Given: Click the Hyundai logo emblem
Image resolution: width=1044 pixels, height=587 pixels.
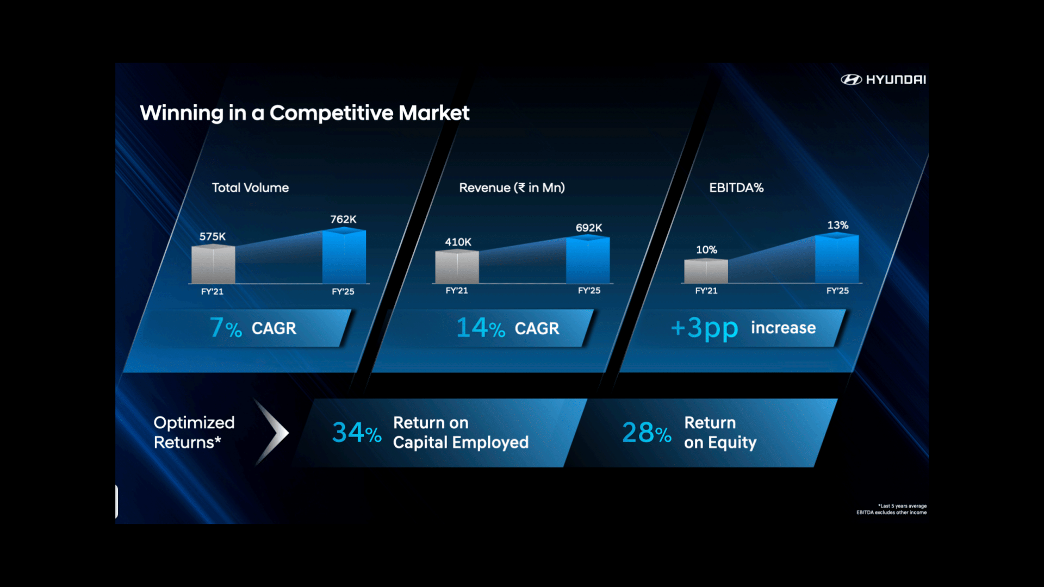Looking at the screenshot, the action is click(x=851, y=80).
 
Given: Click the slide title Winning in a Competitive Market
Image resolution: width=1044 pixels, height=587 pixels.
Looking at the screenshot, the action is click(x=304, y=113).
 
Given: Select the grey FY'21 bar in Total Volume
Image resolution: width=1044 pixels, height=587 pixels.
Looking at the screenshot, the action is click(x=213, y=264).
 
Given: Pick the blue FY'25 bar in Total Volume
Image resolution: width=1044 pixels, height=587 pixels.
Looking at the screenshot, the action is click(x=344, y=255).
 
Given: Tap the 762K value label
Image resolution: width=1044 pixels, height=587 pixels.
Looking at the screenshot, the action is click(x=343, y=219).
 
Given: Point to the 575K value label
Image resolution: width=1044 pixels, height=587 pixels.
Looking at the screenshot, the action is click(x=212, y=236).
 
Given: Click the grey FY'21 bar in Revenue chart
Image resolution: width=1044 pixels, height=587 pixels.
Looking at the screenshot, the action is click(x=457, y=266).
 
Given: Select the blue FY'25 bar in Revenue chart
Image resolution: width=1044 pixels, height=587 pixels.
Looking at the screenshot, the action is click(x=588, y=259).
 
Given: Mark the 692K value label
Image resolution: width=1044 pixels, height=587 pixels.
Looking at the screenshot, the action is click(x=589, y=228).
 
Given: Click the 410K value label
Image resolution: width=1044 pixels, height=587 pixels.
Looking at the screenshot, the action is click(x=458, y=242).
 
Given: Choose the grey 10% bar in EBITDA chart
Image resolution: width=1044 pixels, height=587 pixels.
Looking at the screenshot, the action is click(x=706, y=271).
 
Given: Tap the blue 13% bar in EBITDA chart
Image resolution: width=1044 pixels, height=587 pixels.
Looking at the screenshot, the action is click(x=837, y=258).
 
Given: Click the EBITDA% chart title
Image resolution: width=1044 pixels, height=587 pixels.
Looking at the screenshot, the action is click(x=736, y=188).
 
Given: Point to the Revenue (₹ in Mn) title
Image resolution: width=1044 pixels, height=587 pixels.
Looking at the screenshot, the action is click(x=512, y=188).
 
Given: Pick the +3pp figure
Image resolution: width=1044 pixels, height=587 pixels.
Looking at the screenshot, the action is click(x=704, y=328).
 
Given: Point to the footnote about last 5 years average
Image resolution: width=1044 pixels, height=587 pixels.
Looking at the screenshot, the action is click(x=892, y=509).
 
